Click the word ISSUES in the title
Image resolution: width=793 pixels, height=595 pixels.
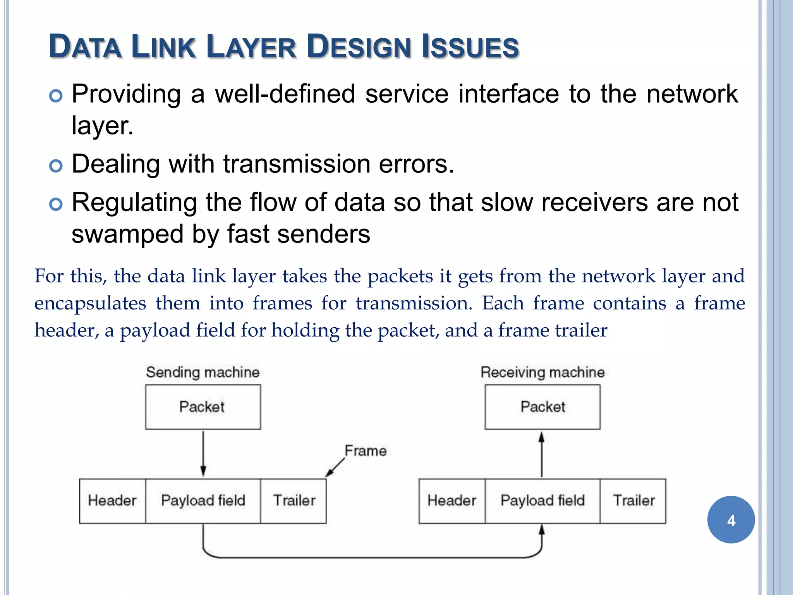tap(470, 47)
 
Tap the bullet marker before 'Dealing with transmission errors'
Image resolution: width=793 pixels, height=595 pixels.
tap(56, 166)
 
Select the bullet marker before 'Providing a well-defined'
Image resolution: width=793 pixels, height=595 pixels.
tap(56, 96)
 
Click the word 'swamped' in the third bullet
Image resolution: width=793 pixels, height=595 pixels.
tap(127, 234)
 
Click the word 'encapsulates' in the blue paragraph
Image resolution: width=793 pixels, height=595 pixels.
tap(90, 303)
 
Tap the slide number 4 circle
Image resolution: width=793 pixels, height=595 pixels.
tap(731, 519)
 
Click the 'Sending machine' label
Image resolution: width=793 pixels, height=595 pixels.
tap(203, 372)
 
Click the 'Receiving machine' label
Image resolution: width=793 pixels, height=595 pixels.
tap(542, 372)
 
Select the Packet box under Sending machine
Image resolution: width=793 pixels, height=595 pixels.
tap(203, 407)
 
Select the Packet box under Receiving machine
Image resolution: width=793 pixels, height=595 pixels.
tap(542, 407)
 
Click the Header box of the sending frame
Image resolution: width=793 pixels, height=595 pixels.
tap(112, 500)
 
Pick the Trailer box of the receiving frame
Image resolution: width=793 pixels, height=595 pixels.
tap(633, 500)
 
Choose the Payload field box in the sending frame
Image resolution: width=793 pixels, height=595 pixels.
tap(203, 500)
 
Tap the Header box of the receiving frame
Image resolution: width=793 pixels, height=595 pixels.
tap(451, 500)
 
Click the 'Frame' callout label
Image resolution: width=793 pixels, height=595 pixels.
tap(366, 451)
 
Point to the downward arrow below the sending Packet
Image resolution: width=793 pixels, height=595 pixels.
tap(203, 453)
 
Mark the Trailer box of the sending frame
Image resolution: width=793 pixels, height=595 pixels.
tap(294, 500)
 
